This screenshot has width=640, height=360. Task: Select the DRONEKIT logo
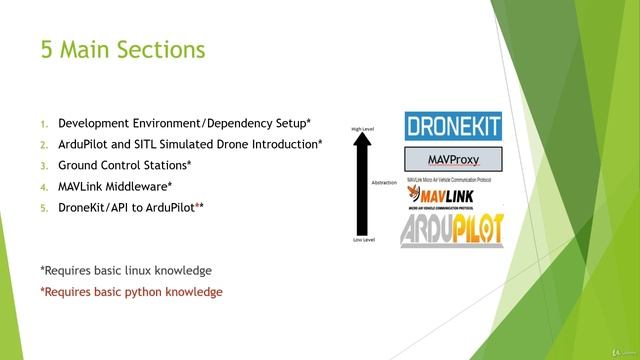452,126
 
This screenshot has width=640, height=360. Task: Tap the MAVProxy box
452,160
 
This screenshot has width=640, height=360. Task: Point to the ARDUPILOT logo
452,229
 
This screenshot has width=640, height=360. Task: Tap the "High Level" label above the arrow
362,129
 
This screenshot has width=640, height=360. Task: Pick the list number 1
43,124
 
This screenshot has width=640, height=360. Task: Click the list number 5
43,207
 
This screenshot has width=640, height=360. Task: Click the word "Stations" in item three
161,165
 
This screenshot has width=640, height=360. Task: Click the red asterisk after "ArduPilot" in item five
197,205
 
